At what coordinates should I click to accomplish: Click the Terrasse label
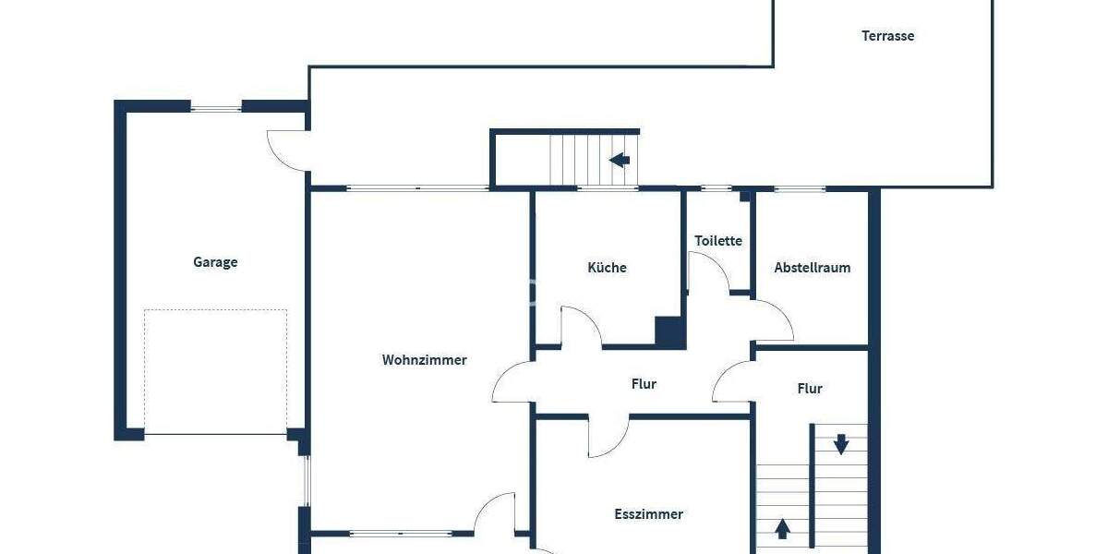(x=887, y=36)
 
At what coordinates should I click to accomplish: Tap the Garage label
(x=215, y=262)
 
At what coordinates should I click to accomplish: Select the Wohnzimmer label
(x=424, y=360)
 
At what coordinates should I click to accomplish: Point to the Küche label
(x=607, y=268)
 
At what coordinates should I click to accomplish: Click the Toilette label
(x=718, y=241)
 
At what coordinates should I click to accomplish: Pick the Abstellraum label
(x=812, y=268)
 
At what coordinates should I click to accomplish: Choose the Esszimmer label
(x=649, y=514)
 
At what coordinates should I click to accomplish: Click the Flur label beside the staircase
(x=810, y=389)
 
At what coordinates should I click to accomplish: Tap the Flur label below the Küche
(x=644, y=384)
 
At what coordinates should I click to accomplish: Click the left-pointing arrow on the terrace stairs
(x=620, y=160)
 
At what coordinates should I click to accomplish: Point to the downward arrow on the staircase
(x=841, y=444)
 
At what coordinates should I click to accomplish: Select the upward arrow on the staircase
(x=782, y=529)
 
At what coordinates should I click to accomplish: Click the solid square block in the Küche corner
(x=669, y=331)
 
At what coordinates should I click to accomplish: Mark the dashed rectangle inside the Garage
(x=215, y=371)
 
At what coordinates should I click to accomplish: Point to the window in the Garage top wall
(x=216, y=108)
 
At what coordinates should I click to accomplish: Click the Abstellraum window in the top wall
(x=800, y=189)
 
